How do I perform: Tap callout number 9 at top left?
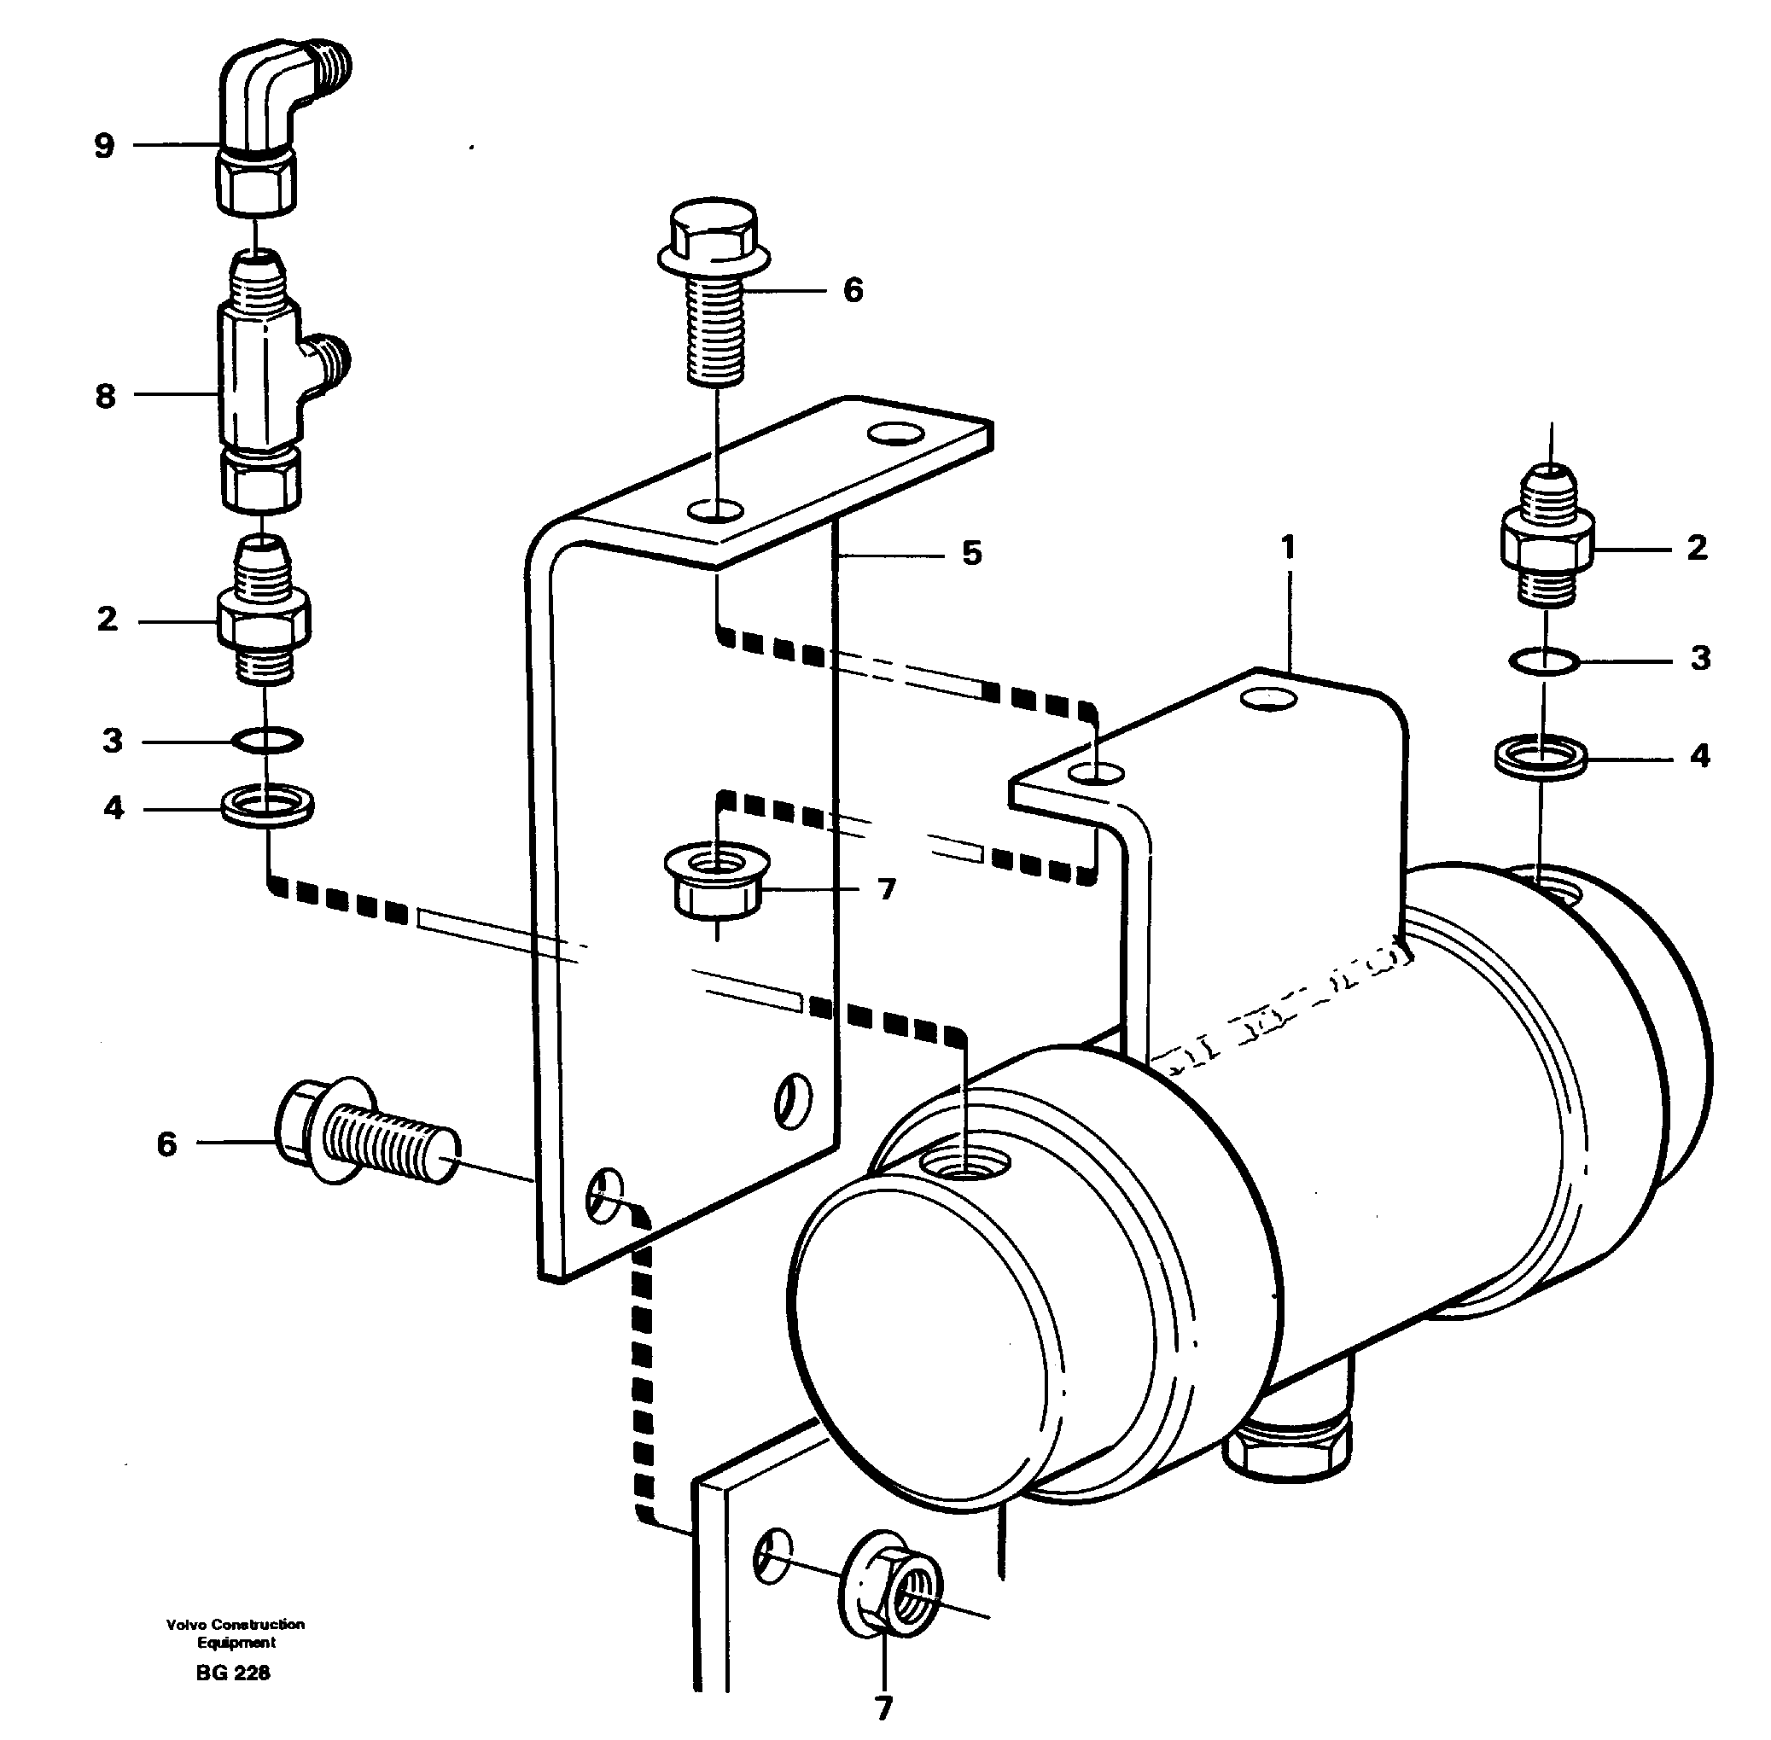click(x=104, y=145)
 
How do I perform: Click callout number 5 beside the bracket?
click(x=971, y=553)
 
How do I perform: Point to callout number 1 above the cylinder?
click(x=1288, y=549)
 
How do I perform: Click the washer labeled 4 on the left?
click(x=268, y=806)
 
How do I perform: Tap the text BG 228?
click(x=232, y=1673)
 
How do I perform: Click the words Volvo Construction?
click(x=235, y=1624)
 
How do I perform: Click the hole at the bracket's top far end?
click(x=894, y=434)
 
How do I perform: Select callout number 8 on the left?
click(x=105, y=396)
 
